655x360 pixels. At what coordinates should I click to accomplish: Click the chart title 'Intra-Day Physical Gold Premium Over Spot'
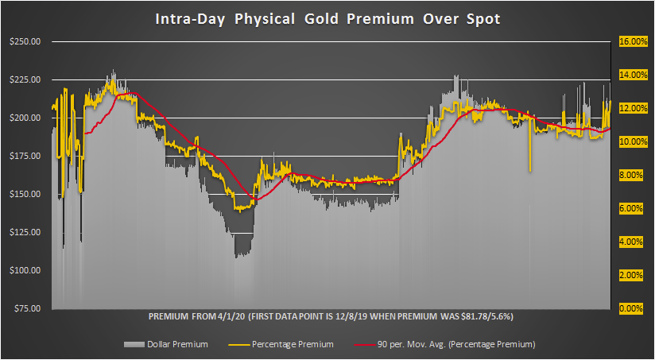[327, 18]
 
